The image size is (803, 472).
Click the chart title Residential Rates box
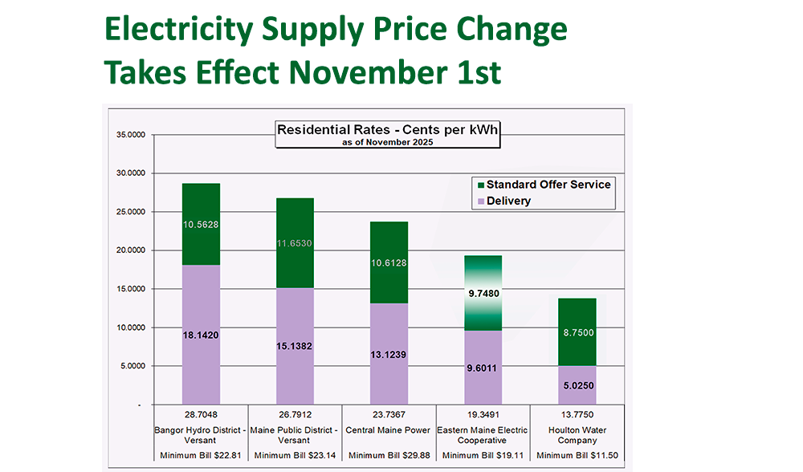pyautogui.click(x=388, y=134)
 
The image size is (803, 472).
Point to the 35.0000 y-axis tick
pyautogui.click(x=129, y=135)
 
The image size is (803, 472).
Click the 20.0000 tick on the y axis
pyautogui.click(x=129, y=250)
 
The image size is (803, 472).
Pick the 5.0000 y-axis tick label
pyautogui.click(x=131, y=366)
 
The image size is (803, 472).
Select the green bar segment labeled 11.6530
pyautogui.click(x=296, y=242)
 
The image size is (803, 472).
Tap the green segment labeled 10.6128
pyautogui.click(x=390, y=262)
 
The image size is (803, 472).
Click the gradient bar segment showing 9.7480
pyautogui.click(x=484, y=293)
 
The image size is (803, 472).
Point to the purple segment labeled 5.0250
pyautogui.click(x=578, y=385)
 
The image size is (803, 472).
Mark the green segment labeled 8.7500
pyautogui.click(x=578, y=332)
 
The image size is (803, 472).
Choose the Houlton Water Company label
pyautogui.click(x=578, y=435)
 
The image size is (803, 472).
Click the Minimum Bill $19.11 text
pyautogui.click(x=484, y=456)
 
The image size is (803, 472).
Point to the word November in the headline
pyautogui.click(x=369, y=73)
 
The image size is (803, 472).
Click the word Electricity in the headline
pyautogui.click(x=179, y=31)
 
